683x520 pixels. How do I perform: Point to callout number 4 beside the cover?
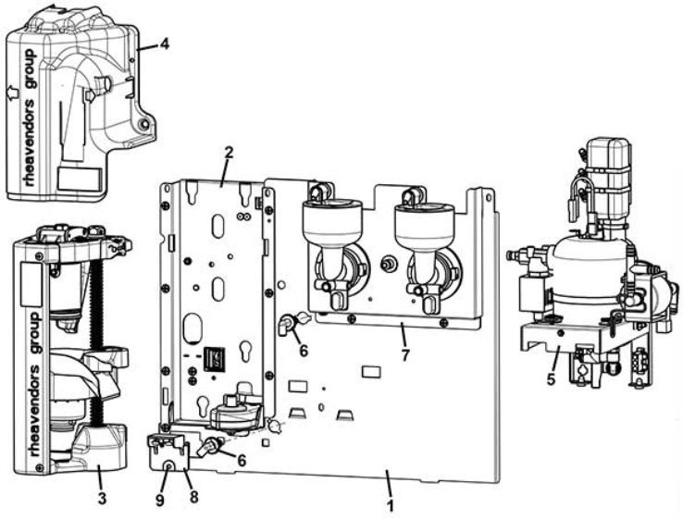164,43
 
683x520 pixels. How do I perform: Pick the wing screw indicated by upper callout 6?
287,324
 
